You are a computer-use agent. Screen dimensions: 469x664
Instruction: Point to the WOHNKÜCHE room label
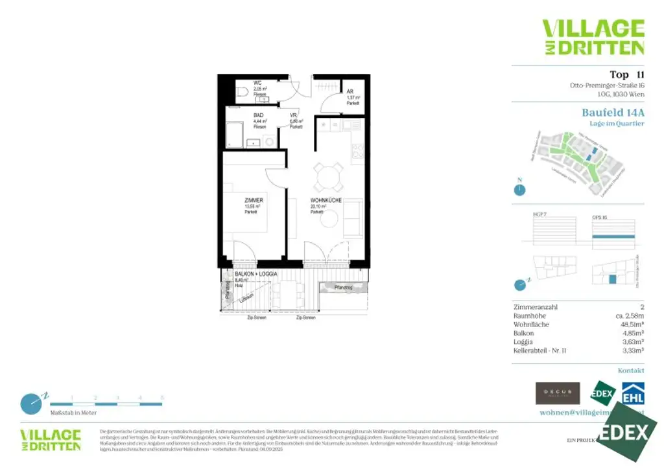click(326, 201)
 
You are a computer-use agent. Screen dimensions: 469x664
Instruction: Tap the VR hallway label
click(294, 116)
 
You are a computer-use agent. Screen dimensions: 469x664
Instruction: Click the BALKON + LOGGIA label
click(256, 275)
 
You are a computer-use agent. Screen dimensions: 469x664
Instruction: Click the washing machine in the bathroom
click(269, 141)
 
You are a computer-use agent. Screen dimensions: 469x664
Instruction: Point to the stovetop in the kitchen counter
click(359, 152)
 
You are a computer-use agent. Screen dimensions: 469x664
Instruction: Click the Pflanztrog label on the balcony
click(342, 286)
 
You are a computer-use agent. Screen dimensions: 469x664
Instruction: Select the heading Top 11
click(626, 74)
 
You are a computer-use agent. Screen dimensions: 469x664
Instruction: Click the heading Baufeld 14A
click(613, 112)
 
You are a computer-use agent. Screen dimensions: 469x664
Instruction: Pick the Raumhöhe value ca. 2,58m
click(627, 315)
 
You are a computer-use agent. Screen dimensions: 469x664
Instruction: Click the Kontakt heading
click(631, 371)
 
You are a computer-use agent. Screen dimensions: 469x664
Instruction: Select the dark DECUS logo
click(557, 393)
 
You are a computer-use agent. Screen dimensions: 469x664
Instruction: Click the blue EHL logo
click(633, 394)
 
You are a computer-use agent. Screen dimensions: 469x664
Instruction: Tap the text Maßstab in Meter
click(73, 413)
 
